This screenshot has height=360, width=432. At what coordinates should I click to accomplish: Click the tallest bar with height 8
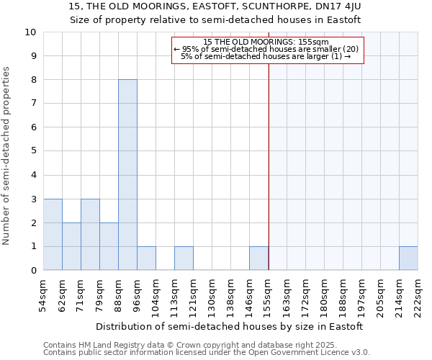coord(127,175)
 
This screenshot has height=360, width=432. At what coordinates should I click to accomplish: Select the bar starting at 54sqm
coord(53,235)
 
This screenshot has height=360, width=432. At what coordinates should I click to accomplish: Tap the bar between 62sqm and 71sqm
coord(71,246)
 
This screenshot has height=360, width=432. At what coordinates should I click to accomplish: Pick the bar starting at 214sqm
coord(408,258)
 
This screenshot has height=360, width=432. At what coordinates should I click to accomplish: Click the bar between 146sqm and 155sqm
coord(258,258)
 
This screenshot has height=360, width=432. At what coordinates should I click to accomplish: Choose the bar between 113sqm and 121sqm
coord(184,258)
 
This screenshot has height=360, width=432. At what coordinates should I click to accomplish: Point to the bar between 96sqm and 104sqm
coord(146,258)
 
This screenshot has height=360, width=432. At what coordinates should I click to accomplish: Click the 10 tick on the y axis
coord(31,32)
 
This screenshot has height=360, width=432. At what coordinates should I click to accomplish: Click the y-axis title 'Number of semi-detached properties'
coord(7,156)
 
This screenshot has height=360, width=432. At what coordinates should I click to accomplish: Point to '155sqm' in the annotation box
coord(315,42)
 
